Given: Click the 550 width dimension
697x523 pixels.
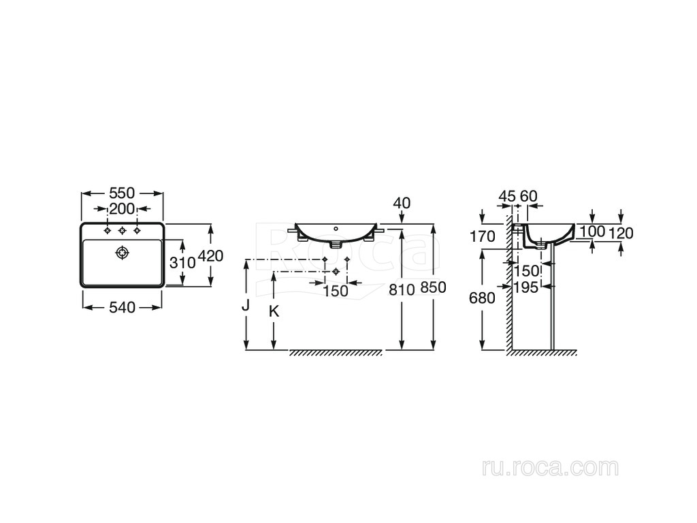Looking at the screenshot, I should pos(123,193).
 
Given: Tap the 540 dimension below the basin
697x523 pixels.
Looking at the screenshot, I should pos(123,307).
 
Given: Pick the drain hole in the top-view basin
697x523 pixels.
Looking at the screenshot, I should pos(123,253).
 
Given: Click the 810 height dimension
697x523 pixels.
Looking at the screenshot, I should pos(402,289).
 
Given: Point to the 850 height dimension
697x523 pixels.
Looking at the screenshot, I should pos(433,288).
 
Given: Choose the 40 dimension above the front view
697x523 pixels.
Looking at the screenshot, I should pos(402,203).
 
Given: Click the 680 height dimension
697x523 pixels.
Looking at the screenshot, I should pos(483,298).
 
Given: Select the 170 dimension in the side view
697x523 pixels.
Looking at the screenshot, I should pos(483,237).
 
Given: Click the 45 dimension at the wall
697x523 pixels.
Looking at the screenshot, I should pos(506,196).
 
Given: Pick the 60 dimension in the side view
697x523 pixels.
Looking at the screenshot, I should pos(529,196).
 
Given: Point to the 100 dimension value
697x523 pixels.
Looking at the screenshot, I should pos(594,232).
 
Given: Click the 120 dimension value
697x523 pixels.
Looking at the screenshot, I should pos(621,233).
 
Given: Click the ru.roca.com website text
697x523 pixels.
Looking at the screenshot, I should pos(550,468).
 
